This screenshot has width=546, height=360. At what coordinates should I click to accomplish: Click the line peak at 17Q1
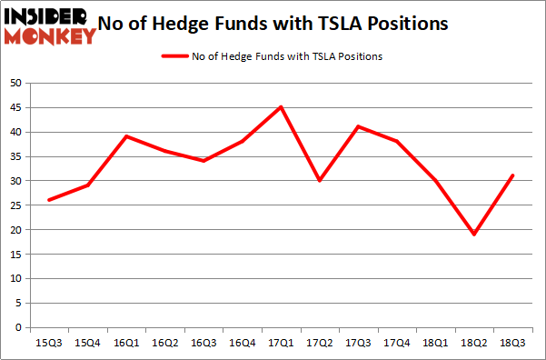tap(281, 107)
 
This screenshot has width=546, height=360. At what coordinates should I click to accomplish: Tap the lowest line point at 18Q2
tap(473, 235)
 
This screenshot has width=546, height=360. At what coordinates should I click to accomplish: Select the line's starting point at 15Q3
tap(50, 200)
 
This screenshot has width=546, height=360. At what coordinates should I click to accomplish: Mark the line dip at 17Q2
tap(320, 181)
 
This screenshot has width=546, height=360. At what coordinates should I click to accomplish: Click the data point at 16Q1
tap(127, 136)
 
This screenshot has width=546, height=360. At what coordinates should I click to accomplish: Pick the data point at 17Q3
tap(358, 126)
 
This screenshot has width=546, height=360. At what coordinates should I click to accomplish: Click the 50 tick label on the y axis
tap(15, 84)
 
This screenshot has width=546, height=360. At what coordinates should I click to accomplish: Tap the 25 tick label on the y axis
tap(15, 205)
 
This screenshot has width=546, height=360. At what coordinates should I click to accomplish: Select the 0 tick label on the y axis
tap(18, 327)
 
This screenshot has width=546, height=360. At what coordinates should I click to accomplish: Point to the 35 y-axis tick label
tap(15, 156)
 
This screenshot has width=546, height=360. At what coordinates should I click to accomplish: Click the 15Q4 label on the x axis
tap(89, 344)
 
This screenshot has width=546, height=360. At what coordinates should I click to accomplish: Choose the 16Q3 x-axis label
tap(204, 344)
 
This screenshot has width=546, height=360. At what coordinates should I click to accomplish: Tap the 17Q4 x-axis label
tap(396, 344)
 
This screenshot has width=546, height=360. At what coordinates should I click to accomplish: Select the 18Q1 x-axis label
tap(435, 344)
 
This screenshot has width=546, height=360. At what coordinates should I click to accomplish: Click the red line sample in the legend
tap(174, 56)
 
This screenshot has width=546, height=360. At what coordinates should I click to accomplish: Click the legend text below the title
tap(286, 56)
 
